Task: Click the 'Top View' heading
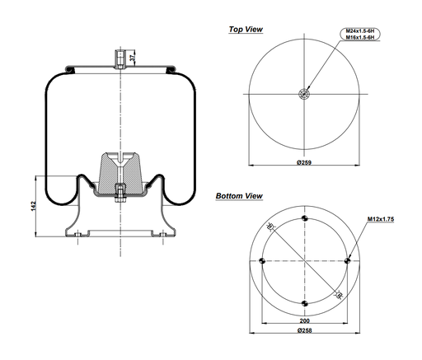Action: (246, 30)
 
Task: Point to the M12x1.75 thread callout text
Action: (382, 219)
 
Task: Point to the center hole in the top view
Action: (305, 94)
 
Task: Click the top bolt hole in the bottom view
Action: (305, 218)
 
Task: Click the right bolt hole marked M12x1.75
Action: (349, 261)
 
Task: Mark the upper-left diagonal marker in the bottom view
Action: (270, 227)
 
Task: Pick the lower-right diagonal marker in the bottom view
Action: (339, 295)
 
